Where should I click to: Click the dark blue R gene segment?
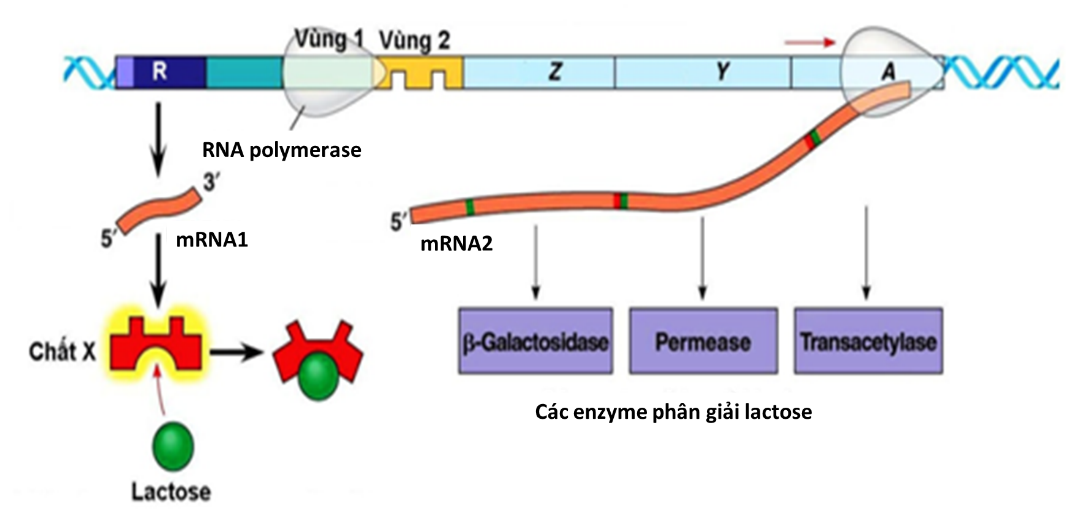(160, 72)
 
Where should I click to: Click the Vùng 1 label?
(326, 41)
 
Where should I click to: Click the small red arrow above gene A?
(809, 43)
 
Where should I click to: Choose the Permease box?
(702, 342)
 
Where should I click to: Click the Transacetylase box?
(866, 342)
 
